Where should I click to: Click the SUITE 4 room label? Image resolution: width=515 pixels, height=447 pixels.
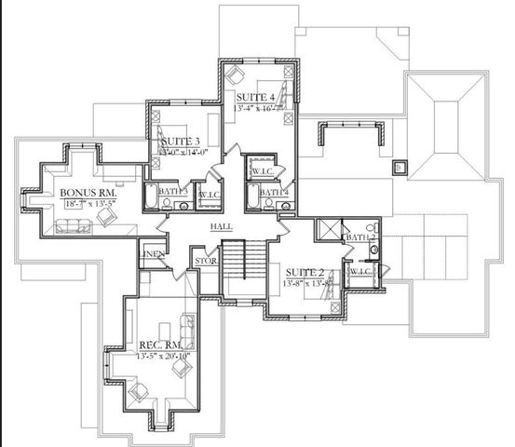(x=255, y=97)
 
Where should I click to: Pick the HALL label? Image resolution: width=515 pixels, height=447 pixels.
(x=222, y=225)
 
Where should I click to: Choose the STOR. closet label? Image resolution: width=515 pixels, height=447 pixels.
(x=206, y=261)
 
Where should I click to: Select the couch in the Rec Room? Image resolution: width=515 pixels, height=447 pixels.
(x=187, y=327)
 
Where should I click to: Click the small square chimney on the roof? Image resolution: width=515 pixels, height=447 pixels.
(x=400, y=169)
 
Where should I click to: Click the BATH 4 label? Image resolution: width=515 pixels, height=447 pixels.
(x=274, y=192)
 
